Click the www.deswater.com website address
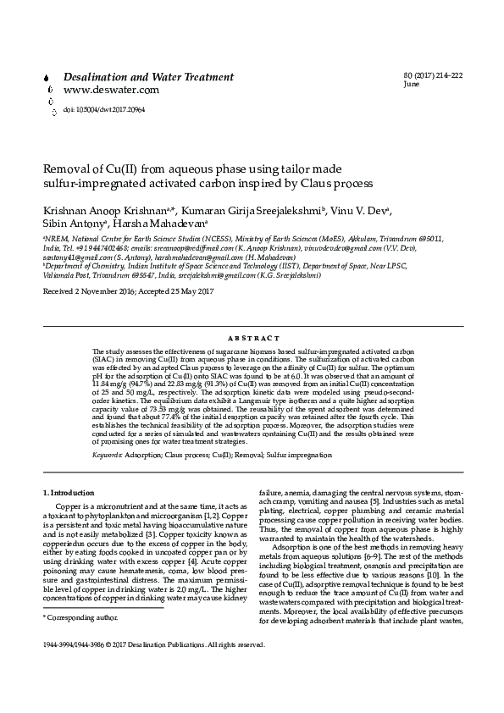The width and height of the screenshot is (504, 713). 111,90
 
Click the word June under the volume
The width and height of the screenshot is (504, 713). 412,86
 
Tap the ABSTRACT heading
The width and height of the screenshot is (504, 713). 252,338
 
